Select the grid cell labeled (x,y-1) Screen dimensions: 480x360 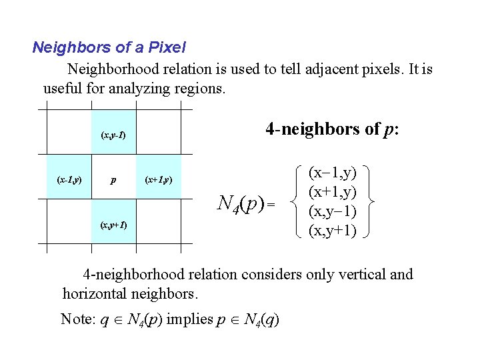click(x=113, y=135)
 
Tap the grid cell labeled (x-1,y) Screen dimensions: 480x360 click(x=69, y=179)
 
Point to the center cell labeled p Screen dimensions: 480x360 click(x=113, y=179)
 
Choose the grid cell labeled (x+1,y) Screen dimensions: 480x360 click(x=158, y=179)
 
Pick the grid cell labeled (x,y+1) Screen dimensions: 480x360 click(x=113, y=225)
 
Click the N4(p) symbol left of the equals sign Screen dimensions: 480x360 click(x=241, y=201)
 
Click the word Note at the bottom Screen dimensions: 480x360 click(x=75, y=319)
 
